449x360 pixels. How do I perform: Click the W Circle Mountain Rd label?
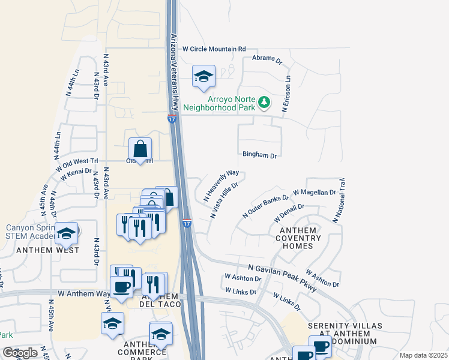tap(214, 49)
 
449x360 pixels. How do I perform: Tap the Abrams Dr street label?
tap(267, 59)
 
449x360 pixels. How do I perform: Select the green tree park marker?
tap(264, 103)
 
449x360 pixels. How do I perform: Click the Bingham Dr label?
tap(259, 155)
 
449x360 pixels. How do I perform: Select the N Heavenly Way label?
tap(221, 185)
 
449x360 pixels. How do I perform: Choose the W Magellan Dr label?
tap(315, 193)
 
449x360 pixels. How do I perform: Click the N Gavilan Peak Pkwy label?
tap(282, 278)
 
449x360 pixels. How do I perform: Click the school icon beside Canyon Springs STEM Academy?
tap(67, 233)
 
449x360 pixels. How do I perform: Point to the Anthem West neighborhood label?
tap(47, 250)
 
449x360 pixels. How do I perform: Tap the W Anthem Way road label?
tap(84, 293)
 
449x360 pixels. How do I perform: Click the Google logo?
tap(20, 353)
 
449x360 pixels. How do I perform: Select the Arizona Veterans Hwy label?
tap(175, 71)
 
